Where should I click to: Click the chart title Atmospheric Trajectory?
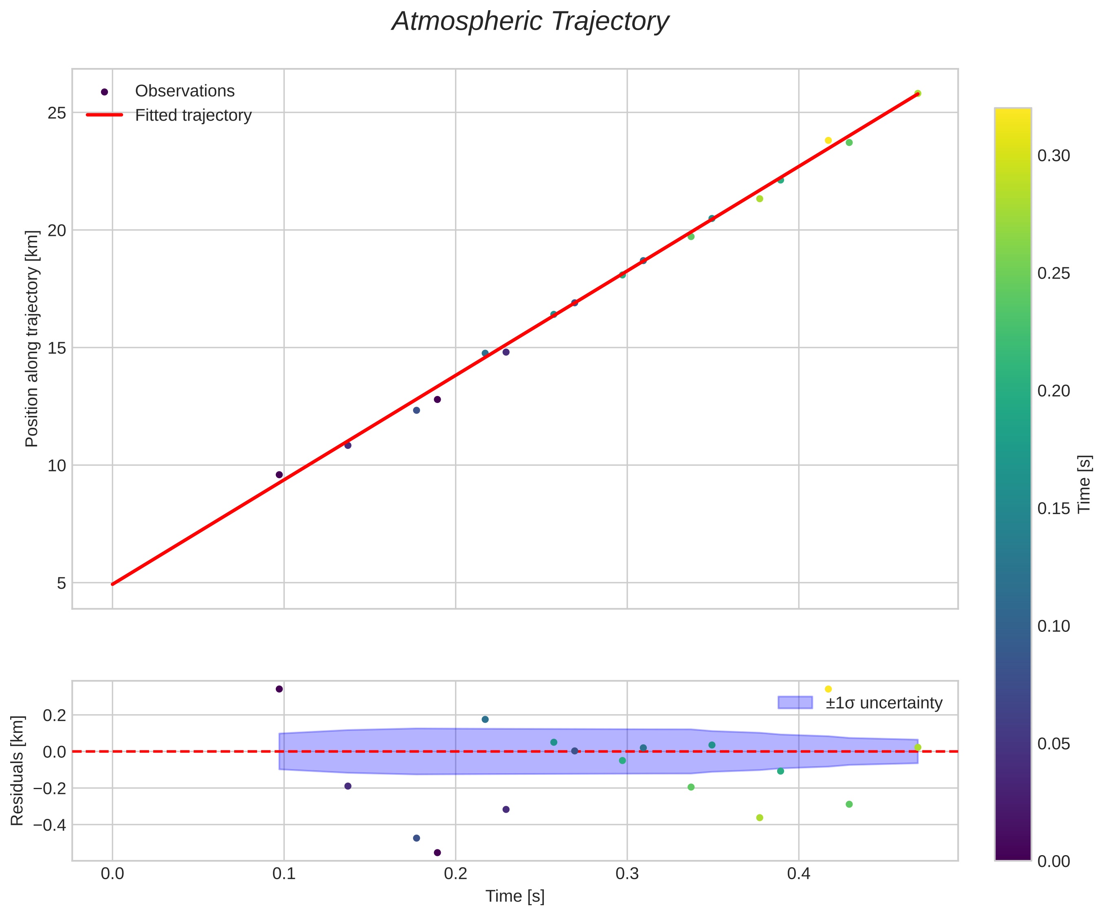pyautogui.click(x=530, y=22)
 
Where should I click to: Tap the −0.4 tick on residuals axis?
pyautogui.click(x=49, y=825)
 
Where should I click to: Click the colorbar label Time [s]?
pyautogui.click(x=1084, y=483)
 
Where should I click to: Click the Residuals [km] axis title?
pyautogui.click(x=18, y=770)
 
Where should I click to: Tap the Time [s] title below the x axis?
pyautogui.click(x=515, y=897)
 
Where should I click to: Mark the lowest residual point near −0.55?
pyautogui.click(x=437, y=853)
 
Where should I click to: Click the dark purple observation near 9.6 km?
pyautogui.click(x=279, y=475)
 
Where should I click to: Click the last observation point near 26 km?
pyautogui.click(x=918, y=93)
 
